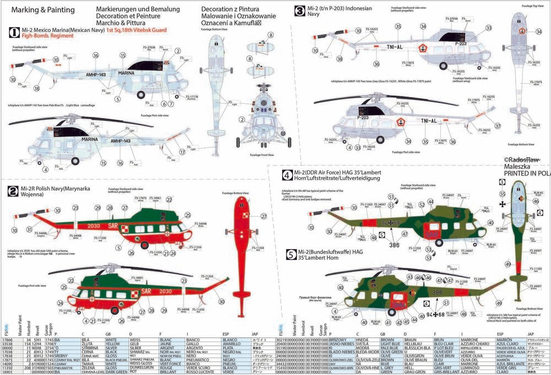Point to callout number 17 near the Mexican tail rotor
(182, 152)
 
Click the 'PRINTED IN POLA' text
(527, 173)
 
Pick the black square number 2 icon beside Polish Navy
(12, 191)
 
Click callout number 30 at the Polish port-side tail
(222, 301)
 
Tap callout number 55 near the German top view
(502, 194)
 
